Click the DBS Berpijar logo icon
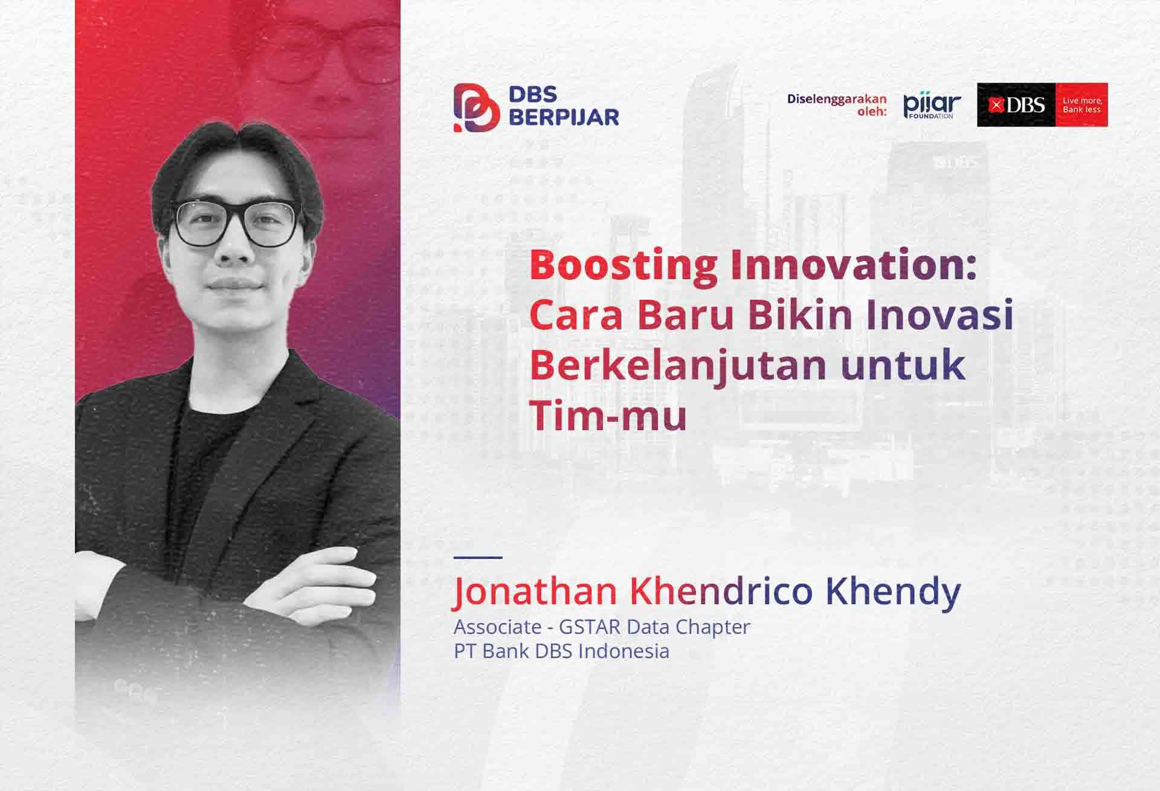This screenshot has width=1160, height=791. pos(477,108)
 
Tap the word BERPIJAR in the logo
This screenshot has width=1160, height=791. pos(564,117)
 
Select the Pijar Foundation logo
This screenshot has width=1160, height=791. pos(932,106)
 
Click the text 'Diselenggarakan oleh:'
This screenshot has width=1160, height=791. pos(837,105)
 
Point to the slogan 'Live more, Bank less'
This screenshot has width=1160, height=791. pos(1082,105)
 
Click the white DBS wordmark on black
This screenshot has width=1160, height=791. pos(1017,105)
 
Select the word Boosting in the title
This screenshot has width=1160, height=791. pos(623,266)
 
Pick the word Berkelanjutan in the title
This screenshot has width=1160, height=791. pos(678,367)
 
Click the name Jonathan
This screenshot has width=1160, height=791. pos(535,591)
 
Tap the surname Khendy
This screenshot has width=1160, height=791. pos(892,592)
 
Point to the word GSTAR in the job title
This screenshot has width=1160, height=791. pos(590,627)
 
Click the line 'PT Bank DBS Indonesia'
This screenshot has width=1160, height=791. pos(561,651)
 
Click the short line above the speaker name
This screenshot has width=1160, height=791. pos(477,557)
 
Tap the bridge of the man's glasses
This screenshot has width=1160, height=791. pos(237,215)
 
